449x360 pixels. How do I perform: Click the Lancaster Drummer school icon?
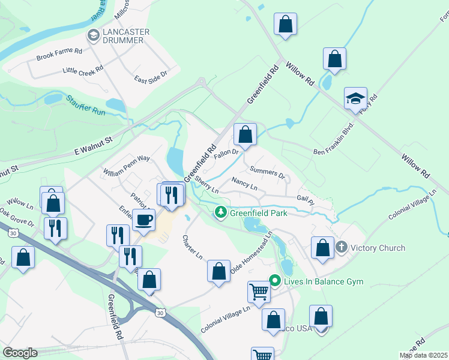(93, 36)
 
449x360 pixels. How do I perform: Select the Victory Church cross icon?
(342, 247)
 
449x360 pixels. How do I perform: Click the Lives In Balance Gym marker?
(276, 281)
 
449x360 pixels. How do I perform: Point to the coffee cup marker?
(144, 220)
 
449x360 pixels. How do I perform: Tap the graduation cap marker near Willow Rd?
(355, 99)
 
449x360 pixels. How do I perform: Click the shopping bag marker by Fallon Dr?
(245, 135)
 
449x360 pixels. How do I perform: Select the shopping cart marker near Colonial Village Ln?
(259, 292)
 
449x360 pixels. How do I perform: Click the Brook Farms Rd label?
(58, 54)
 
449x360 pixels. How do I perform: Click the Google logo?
(20, 353)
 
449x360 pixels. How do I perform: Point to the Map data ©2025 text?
(422, 355)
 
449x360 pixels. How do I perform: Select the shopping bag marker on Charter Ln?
(219, 271)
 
